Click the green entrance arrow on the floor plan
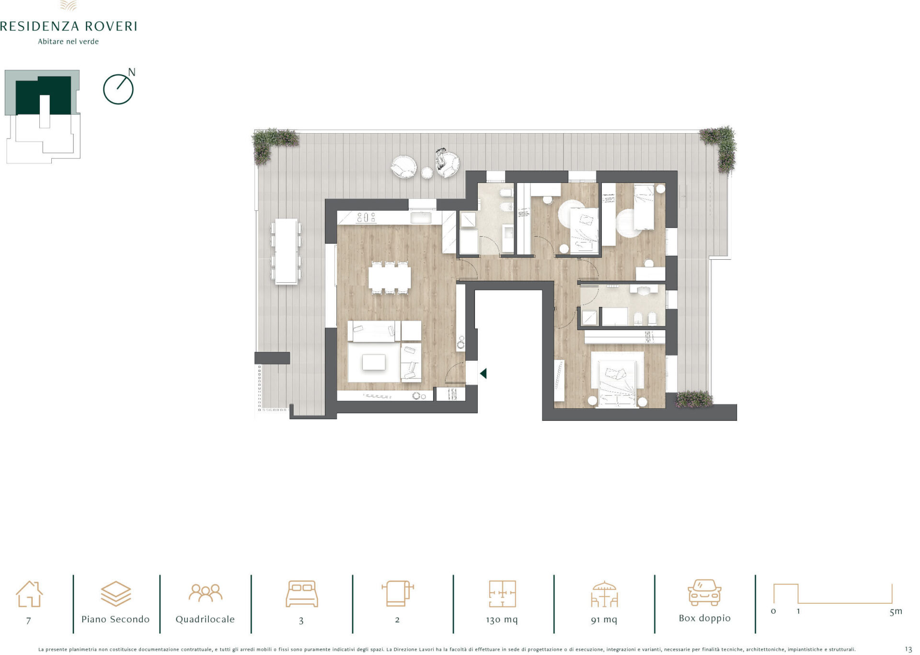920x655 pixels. point(483,373)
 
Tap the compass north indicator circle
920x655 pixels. point(118,90)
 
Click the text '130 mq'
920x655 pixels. point(502,620)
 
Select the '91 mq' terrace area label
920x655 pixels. point(604,620)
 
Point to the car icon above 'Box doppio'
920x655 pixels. point(704,593)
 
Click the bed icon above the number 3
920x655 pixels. point(301,594)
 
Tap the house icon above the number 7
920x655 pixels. point(29,594)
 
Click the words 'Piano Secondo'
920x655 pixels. point(115,619)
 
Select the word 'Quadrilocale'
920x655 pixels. point(205,619)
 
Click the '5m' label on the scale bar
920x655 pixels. point(896,611)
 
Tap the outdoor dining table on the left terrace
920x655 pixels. point(286,252)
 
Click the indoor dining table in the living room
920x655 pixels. point(390,277)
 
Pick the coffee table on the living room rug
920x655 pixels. point(374,362)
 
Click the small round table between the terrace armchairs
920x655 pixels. point(427,172)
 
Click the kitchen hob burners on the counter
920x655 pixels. point(366,218)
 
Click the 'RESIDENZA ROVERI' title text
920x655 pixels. point(69,26)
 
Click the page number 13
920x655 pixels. point(908,649)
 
